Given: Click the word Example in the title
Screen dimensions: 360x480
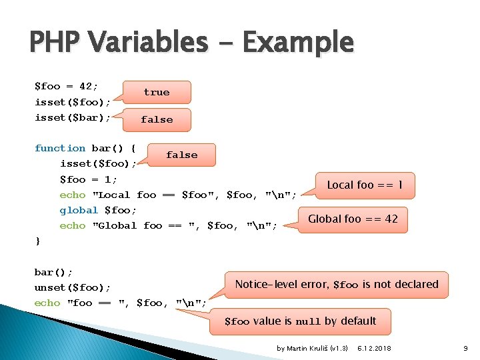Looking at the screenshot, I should [x=297, y=42].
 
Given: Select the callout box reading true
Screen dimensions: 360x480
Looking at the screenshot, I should [x=157, y=92].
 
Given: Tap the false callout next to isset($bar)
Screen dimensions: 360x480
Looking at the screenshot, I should [x=157, y=119].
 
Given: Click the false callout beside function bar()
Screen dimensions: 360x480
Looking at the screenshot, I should [x=181, y=155].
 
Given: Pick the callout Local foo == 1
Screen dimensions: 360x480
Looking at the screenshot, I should [x=365, y=185].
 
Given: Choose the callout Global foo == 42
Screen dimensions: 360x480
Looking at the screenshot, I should [x=353, y=219].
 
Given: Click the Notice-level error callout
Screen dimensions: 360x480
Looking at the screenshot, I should [x=337, y=284].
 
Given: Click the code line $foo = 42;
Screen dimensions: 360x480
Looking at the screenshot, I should [x=66, y=86].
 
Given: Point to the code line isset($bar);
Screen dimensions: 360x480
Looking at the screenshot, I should [x=73, y=117].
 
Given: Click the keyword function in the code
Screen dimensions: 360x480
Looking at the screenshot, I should [x=60, y=148].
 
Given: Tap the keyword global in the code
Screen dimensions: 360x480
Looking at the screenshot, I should [x=79, y=210].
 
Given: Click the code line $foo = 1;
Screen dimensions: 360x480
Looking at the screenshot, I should [x=88, y=179].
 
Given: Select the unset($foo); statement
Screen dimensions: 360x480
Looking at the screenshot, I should [x=73, y=287].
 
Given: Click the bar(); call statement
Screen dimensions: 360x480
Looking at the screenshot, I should [x=53, y=272].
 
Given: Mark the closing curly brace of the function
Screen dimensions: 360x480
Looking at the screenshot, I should [x=37, y=241].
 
